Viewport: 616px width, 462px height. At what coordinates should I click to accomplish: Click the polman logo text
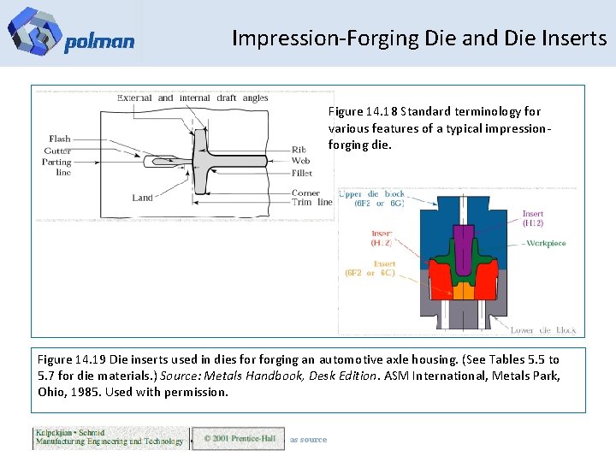98,42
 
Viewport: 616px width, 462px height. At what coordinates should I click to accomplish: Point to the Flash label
60,139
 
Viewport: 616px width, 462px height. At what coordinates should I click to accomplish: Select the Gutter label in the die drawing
58,151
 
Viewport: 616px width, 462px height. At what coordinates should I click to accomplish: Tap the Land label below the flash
142,198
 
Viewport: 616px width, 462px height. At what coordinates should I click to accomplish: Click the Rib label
299,149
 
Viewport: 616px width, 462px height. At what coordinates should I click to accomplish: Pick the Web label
300,160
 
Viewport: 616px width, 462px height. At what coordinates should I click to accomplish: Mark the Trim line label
311,203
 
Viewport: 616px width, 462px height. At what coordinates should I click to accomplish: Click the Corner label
305,192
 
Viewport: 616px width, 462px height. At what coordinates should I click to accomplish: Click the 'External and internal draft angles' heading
192,98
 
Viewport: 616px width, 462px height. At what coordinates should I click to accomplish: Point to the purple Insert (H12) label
532,219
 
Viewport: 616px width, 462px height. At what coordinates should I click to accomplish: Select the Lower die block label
543,329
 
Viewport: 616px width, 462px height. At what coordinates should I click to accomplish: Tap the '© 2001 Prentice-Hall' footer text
239,439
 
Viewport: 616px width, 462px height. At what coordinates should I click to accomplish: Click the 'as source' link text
308,440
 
